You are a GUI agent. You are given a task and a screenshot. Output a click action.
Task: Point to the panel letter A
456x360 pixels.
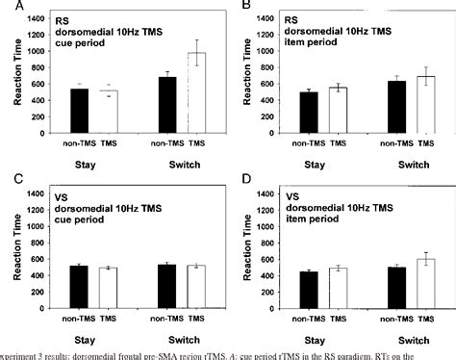[6, 7]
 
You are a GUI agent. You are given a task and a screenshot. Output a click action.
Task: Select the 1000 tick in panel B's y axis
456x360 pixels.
[288, 51]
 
